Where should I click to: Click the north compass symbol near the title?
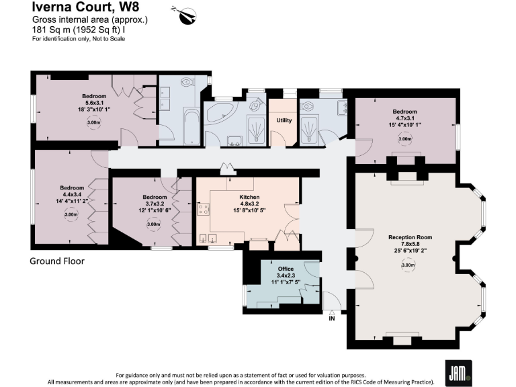[184, 13]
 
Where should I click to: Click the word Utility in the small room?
[284, 120]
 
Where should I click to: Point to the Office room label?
[286, 269]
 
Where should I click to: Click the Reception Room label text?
[410, 237]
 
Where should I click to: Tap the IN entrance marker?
[331, 318]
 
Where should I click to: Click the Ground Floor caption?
[57, 261]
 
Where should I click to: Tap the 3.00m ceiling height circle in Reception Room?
[407, 265]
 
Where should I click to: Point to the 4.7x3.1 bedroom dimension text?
[404, 118]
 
